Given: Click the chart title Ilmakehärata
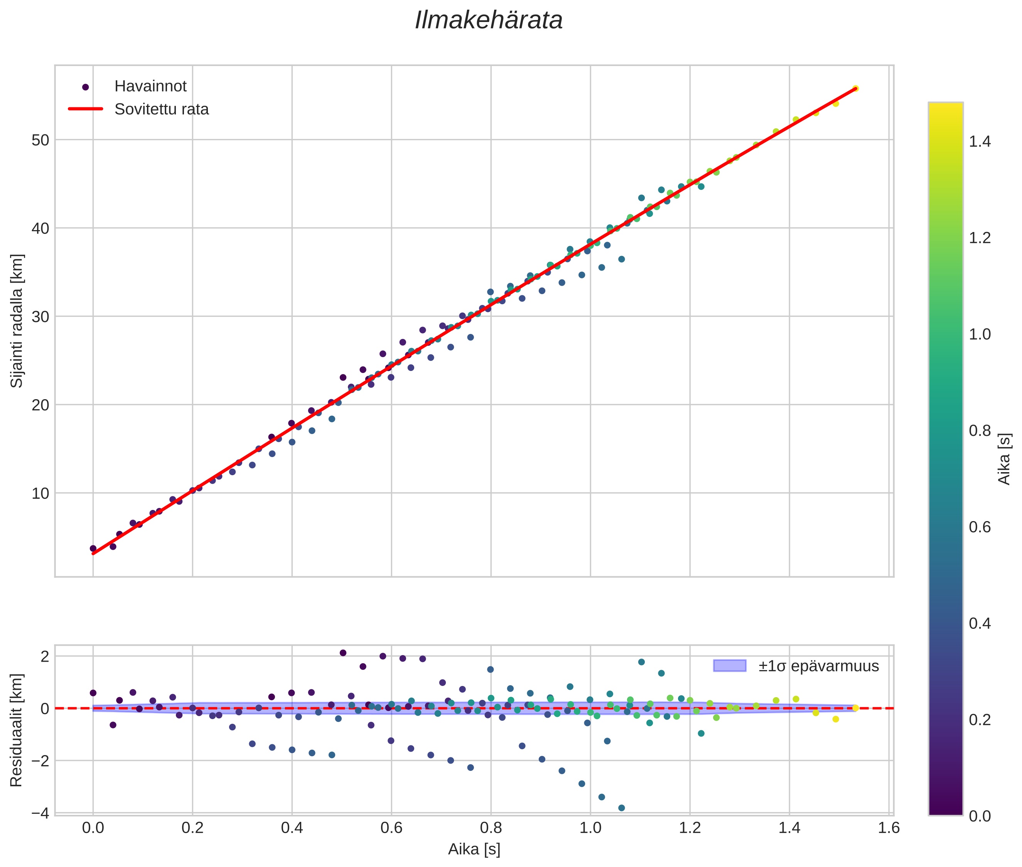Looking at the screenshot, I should (488, 20).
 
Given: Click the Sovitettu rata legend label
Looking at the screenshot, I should (161, 109).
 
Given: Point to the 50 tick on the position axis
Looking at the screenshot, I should (40, 141).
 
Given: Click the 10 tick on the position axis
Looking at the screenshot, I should (40, 493).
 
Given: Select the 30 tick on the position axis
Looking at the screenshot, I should (40, 317).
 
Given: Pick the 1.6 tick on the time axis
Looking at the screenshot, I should (889, 828).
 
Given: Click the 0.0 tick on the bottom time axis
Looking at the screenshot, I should (93, 828).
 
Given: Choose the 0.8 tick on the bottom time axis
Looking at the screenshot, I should (491, 828).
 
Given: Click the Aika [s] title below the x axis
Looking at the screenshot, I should (474, 849).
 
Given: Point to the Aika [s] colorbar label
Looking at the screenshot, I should (1005, 459).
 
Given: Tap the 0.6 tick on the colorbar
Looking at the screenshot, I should (979, 527).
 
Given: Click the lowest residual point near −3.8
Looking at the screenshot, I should (621, 808).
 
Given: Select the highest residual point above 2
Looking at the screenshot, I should (343, 653).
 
